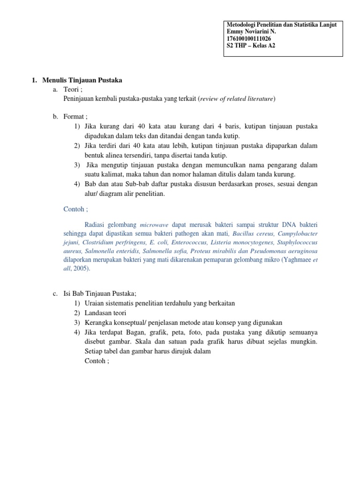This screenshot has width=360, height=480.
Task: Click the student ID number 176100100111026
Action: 248,38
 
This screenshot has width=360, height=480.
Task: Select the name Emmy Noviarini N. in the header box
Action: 251,31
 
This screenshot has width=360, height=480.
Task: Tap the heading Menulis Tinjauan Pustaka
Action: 82,80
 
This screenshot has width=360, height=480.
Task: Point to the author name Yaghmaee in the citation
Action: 298,260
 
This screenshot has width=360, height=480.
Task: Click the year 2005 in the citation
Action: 81,269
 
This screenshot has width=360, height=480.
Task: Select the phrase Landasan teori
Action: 105,313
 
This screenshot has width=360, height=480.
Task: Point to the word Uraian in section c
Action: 94,303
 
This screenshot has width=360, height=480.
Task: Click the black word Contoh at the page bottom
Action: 96,361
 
